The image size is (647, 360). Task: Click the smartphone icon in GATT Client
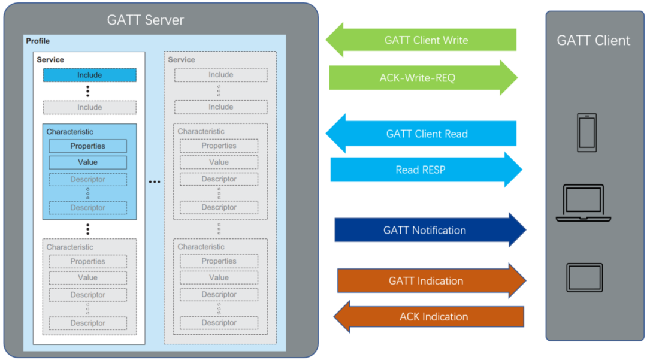click(x=586, y=132)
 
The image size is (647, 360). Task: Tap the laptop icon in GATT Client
click(x=583, y=203)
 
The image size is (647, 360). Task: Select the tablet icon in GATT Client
click(x=584, y=277)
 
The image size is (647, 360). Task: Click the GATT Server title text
click(x=146, y=20)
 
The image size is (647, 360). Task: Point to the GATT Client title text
click(x=593, y=41)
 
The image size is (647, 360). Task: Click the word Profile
click(x=38, y=41)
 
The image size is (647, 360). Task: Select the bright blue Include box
click(x=89, y=75)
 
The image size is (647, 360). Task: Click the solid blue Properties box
click(x=87, y=146)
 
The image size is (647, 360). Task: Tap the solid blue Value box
click(x=87, y=162)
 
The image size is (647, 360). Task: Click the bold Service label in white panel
click(x=50, y=60)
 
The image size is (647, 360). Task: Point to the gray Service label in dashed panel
click(x=182, y=60)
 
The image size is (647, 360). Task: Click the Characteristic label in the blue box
click(x=70, y=132)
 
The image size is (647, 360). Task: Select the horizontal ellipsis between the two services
click(x=155, y=181)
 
